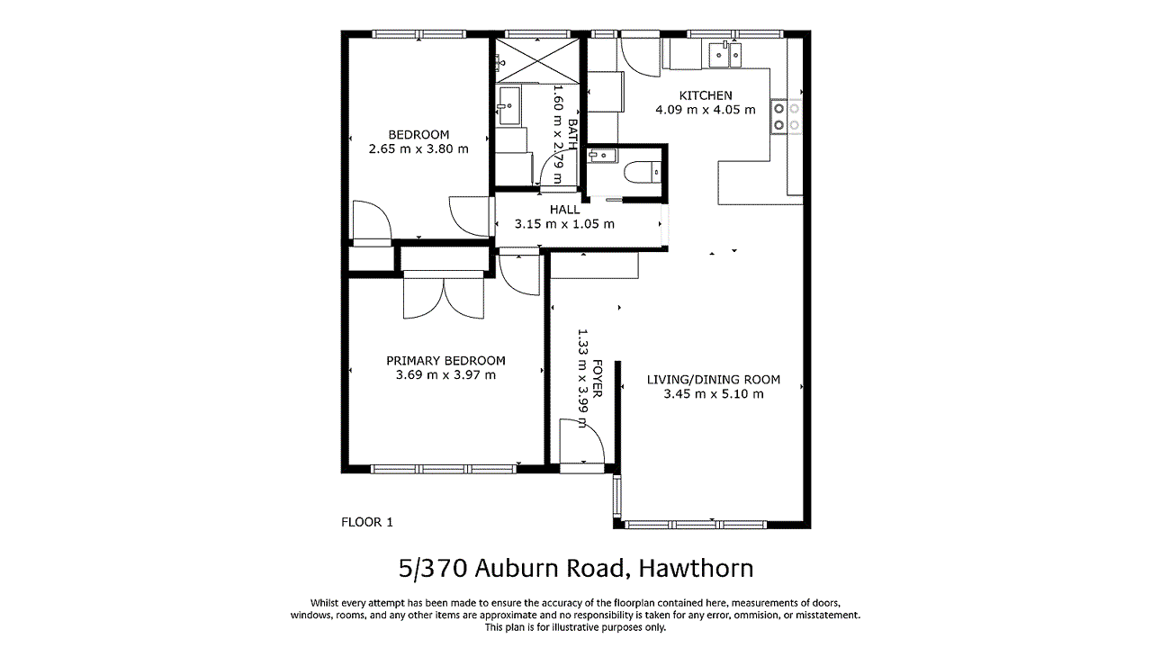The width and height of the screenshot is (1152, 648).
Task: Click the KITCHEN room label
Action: (x=705, y=95)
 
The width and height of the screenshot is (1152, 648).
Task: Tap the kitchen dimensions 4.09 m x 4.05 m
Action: (x=705, y=110)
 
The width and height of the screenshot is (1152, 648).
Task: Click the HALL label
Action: (x=564, y=210)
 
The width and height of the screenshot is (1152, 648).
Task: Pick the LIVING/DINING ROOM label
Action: (x=714, y=380)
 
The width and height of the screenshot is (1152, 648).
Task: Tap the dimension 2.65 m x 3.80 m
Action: (x=418, y=149)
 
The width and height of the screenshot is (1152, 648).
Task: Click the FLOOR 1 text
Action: (x=367, y=522)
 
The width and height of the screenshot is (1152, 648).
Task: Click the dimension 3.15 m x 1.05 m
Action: (x=564, y=224)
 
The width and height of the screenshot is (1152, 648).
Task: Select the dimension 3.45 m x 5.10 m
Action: (x=714, y=394)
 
